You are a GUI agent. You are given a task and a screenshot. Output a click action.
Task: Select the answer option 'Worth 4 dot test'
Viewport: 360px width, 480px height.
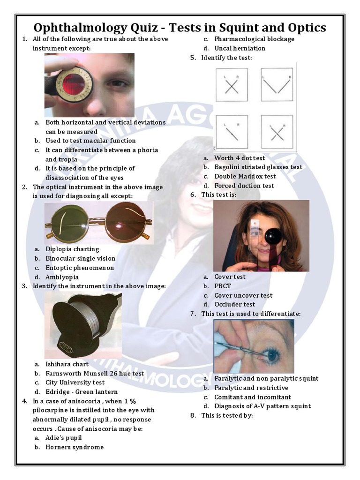pos(240,158)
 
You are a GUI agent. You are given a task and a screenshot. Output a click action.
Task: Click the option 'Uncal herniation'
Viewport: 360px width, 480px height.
pos(240,48)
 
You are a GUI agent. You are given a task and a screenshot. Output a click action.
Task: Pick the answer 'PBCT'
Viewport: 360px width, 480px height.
pos(223,286)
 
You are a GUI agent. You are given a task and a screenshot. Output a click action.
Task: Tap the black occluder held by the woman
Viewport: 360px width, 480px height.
pos(273,236)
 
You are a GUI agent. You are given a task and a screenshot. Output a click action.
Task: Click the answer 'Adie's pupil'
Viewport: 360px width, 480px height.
pos(64,438)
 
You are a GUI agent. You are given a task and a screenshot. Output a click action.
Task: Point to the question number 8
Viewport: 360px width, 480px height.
pos(193,415)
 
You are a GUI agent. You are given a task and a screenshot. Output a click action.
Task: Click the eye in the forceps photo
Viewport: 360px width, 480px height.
pos(272,356)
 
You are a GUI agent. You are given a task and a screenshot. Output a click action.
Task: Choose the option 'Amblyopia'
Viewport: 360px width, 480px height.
pos(62,277)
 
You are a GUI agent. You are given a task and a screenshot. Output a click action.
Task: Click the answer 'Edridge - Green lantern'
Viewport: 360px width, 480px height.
pos(82,392)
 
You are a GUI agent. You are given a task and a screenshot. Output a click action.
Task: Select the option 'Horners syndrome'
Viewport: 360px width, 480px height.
pos(75,447)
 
